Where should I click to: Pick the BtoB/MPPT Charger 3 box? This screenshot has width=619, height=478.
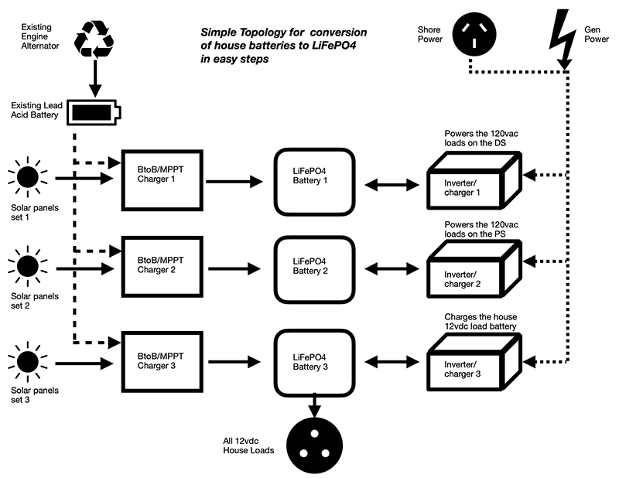161,359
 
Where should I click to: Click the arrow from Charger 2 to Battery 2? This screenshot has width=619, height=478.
235,270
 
